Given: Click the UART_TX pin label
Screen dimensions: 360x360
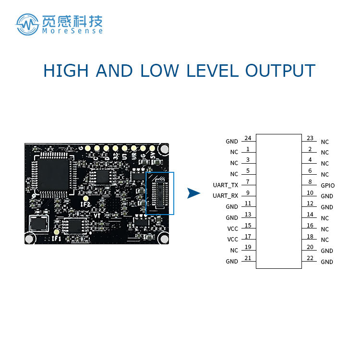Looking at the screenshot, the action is [x=225, y=185].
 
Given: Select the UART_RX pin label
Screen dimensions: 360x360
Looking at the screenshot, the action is [x=225, y=196].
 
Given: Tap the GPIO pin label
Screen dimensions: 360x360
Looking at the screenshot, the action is [x=327, y=185].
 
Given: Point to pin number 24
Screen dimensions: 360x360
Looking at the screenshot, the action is [x=248, y=138].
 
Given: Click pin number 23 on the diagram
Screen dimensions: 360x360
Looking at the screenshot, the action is [x=310, y=138].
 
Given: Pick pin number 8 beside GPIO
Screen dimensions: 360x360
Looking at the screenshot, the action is [x=310, y=182].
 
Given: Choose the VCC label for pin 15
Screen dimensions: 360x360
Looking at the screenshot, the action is [x=232, y=228].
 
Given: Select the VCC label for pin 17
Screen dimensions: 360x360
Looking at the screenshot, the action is [x=232, y=240].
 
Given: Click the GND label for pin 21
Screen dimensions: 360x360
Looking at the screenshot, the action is [x=232, y=262].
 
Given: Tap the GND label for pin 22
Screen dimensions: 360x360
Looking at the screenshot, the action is [x=327, y=262].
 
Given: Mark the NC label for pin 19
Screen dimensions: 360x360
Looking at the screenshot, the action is [x=234, y=251].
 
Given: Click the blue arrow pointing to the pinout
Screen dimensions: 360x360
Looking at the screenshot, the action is [x=193, y=193].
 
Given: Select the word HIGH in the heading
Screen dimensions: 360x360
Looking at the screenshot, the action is [x=66, y=71].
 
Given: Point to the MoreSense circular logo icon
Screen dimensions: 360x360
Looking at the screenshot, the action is [x=27, y=24].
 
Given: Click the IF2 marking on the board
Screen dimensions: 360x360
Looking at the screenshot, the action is [x=86, y=205].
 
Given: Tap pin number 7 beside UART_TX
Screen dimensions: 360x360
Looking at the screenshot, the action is [x=248, y=182].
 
